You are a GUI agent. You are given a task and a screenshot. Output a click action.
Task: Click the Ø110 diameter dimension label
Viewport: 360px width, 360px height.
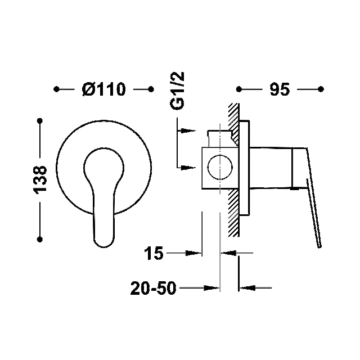point(103,89)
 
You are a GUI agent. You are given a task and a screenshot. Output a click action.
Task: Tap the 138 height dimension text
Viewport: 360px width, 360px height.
point(40,180)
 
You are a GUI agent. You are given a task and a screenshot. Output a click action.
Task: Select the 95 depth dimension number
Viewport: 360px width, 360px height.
point(280,89)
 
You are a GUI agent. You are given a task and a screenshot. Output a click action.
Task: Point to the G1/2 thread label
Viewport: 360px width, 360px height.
point(177,91)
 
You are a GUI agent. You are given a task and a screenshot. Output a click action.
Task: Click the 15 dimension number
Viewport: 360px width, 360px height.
point(154,253)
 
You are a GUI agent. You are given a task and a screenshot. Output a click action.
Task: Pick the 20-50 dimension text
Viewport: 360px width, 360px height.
point(153,288)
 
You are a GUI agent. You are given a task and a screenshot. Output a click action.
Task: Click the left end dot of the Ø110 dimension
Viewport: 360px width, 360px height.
point(56,89)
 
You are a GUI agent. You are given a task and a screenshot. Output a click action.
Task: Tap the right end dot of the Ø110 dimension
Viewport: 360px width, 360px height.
point(151,89)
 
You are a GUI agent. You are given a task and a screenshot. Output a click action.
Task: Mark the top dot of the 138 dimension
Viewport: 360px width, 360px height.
point(40,121)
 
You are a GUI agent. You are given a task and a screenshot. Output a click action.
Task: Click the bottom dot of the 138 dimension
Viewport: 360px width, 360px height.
point(40,240)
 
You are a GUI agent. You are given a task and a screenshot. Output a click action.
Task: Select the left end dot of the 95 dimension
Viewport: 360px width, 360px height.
point(239,89)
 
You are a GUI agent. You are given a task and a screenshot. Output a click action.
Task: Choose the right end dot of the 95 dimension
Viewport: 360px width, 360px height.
point(321,89)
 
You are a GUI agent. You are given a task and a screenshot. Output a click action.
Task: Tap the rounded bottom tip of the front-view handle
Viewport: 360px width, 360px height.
point(103,246)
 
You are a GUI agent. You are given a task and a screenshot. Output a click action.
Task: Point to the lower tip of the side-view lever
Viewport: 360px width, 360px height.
point(319,246)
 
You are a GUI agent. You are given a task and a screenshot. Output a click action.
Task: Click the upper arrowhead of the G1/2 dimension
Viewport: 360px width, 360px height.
point(188,131)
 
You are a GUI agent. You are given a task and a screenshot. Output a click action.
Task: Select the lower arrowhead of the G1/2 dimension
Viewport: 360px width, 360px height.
point(188,168)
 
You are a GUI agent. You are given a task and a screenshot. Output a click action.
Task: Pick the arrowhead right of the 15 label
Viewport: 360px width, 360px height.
point(193,253)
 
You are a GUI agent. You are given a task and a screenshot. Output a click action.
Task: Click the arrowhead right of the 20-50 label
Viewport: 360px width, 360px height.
point(211,288)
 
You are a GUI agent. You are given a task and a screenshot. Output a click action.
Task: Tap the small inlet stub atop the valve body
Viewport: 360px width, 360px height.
point(220,138)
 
